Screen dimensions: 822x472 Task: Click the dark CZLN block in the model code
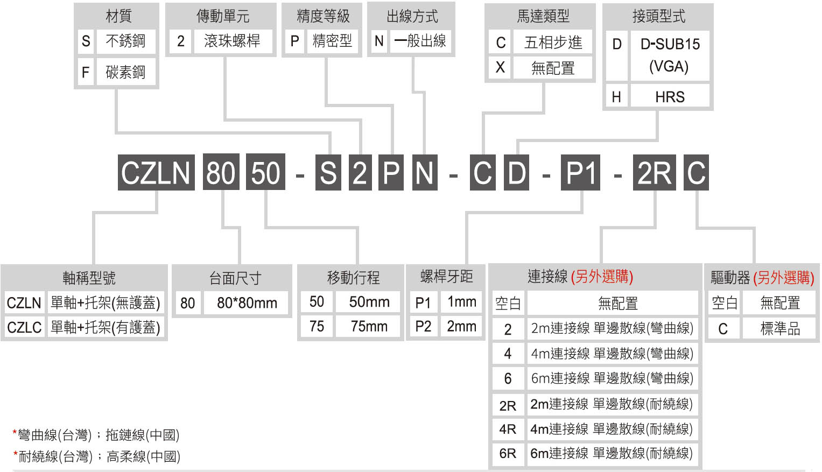click(156, 173)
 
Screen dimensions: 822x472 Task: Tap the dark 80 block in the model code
click(221, 173)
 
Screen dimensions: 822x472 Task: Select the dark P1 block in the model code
click(580, 173)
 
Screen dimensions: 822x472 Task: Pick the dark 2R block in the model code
click(654, 173)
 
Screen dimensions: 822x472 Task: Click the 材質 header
click(118, 16)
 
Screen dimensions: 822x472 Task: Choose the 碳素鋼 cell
click(126, 72)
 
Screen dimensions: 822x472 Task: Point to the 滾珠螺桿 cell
click(233, 41)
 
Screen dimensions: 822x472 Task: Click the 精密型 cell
click(333, 41)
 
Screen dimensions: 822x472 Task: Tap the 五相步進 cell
click(553, 42)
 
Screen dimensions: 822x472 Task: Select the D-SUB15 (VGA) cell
click(670, 55)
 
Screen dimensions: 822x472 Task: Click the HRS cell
click(670, 97)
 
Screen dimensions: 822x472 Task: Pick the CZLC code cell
click(24, 327)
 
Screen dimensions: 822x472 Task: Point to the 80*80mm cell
click(247, 303)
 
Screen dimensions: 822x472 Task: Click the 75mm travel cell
click(368, 326)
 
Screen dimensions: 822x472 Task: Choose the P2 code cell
click(423, 326)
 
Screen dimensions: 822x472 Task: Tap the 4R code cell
click(508, 429)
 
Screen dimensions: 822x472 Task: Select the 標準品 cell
click(780, 328)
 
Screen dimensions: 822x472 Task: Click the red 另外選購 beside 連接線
click(602, 277)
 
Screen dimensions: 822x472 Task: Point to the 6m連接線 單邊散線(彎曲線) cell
click(612, 378)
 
